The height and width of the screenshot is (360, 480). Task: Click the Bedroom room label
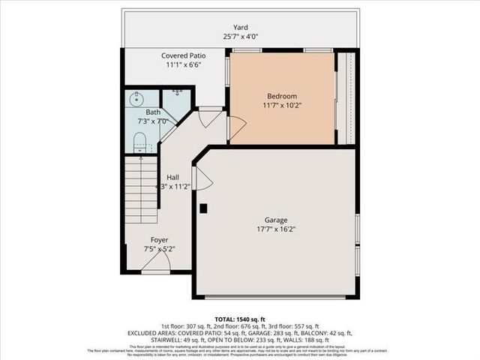click(x=282, y=96)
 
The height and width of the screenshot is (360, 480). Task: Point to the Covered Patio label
click(x=183, y=55)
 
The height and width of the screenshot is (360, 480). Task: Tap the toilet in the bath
click(x=139, y=140)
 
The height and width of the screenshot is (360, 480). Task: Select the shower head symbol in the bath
click(x=177, y=92)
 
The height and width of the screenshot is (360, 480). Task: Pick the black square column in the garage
click(x=202, y=208)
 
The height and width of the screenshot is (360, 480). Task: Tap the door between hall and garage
click(x=202, y=178)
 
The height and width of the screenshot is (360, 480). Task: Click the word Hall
click(x=172, y=177)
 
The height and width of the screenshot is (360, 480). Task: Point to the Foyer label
click(x=159, y=240)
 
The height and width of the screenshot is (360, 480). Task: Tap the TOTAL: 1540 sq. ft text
click(x=239, y=319)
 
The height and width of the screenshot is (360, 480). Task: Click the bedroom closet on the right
click(x=347, y=97)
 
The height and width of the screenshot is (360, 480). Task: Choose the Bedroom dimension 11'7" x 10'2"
click(x=282, y=106)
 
